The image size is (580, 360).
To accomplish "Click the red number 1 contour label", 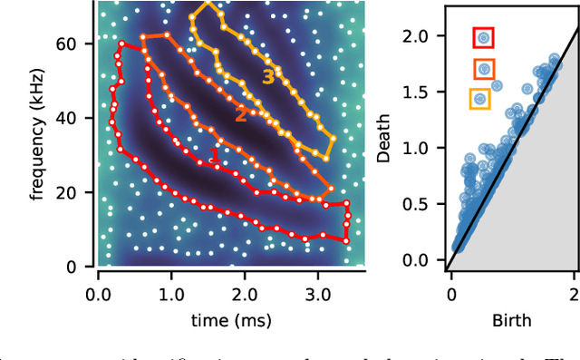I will coord(215,156).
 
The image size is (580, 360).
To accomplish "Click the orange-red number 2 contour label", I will coord(241,114).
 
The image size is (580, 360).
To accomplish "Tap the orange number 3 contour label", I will coord(267,77).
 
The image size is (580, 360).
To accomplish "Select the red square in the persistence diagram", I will coord(484,37).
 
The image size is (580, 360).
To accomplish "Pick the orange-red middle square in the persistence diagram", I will coord(484,68).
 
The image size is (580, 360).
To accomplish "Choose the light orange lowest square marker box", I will coord(480,98).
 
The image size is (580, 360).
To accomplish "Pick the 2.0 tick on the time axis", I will coord(244,293).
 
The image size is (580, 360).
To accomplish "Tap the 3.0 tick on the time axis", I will coord(317,293).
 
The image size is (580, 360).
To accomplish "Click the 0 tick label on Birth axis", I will coord(451,293).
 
